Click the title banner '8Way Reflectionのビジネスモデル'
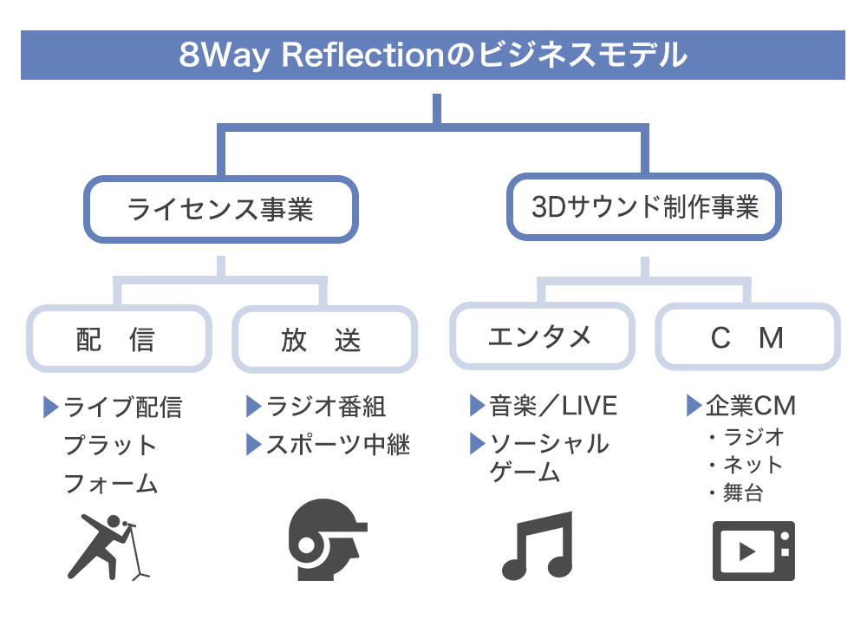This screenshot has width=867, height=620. click(x=433, y=55)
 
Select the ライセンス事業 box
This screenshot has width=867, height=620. click(x=220, y=209)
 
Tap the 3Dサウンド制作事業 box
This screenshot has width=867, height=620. click(x=644, y=207)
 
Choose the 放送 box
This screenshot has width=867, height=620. click(x=323, y=339)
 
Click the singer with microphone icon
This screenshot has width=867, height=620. click(x=108, y=546)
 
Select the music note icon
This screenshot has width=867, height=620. click(x=538, y=546)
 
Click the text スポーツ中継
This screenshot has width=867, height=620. click(x=338, y=445)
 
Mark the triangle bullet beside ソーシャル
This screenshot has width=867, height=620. click(x=477, y=444)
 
